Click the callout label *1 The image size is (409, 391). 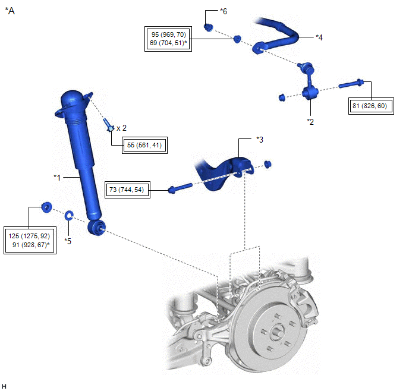(x=57, y=177)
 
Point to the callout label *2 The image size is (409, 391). (x=310, y=121)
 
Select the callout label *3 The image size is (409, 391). (x=259, y=139)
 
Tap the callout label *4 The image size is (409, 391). (x=319, y=37)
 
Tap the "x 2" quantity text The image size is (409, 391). (x=121, y=128)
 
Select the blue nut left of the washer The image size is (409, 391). (x=45, y=207)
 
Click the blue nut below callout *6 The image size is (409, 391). (x=209, y=27)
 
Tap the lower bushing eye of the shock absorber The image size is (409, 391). (x=96, y=227)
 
